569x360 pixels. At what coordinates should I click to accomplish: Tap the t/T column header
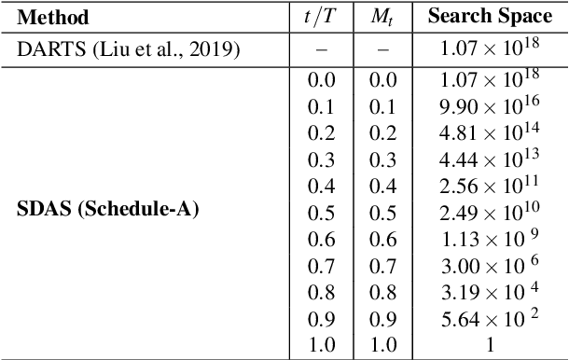click(x=322, y=18)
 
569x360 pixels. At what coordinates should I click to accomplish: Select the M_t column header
click(x=382, y=18)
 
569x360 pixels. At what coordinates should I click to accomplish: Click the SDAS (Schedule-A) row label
click(x=109, y=208)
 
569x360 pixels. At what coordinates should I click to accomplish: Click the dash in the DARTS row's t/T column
click(x=321, y=49)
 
